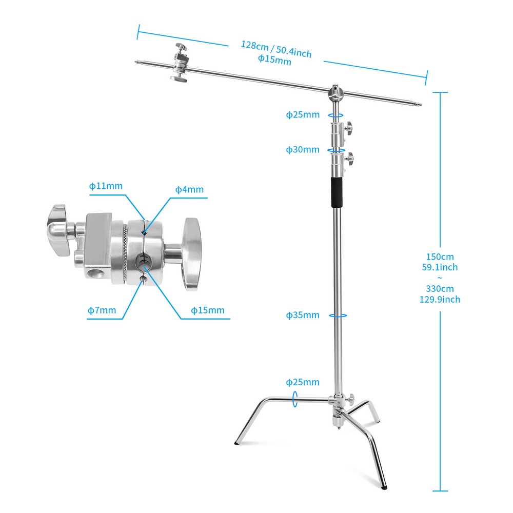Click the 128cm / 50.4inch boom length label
(276, 48)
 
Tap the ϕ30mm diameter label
(303, 150)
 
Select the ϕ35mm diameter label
(303, 315)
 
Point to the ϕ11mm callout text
(106, 186)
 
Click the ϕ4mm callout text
(189, 189)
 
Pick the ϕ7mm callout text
(102, 310)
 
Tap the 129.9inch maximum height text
(440, 300)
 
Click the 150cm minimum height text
(440, 256)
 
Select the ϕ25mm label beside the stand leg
(303, 382)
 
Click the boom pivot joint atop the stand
(335, 93)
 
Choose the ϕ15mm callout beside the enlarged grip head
(208, 310)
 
